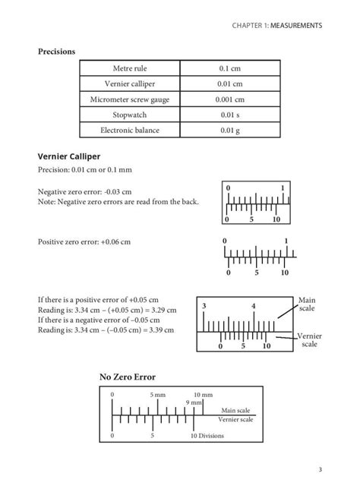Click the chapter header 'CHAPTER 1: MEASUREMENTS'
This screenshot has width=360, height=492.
click(278, 25)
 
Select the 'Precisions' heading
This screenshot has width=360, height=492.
click(57, 52)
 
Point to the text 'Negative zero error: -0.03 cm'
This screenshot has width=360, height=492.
click(84, 192)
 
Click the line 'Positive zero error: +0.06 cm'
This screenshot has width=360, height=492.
click(84, 241)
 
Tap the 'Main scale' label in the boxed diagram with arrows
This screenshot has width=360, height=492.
click(307, 304)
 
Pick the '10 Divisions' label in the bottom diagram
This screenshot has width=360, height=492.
click(207, 436)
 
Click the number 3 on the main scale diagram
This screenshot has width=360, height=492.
click(204, 305)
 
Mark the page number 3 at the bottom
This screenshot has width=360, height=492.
click(321, 469)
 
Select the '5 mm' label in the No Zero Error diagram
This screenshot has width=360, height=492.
click(157, 395)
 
